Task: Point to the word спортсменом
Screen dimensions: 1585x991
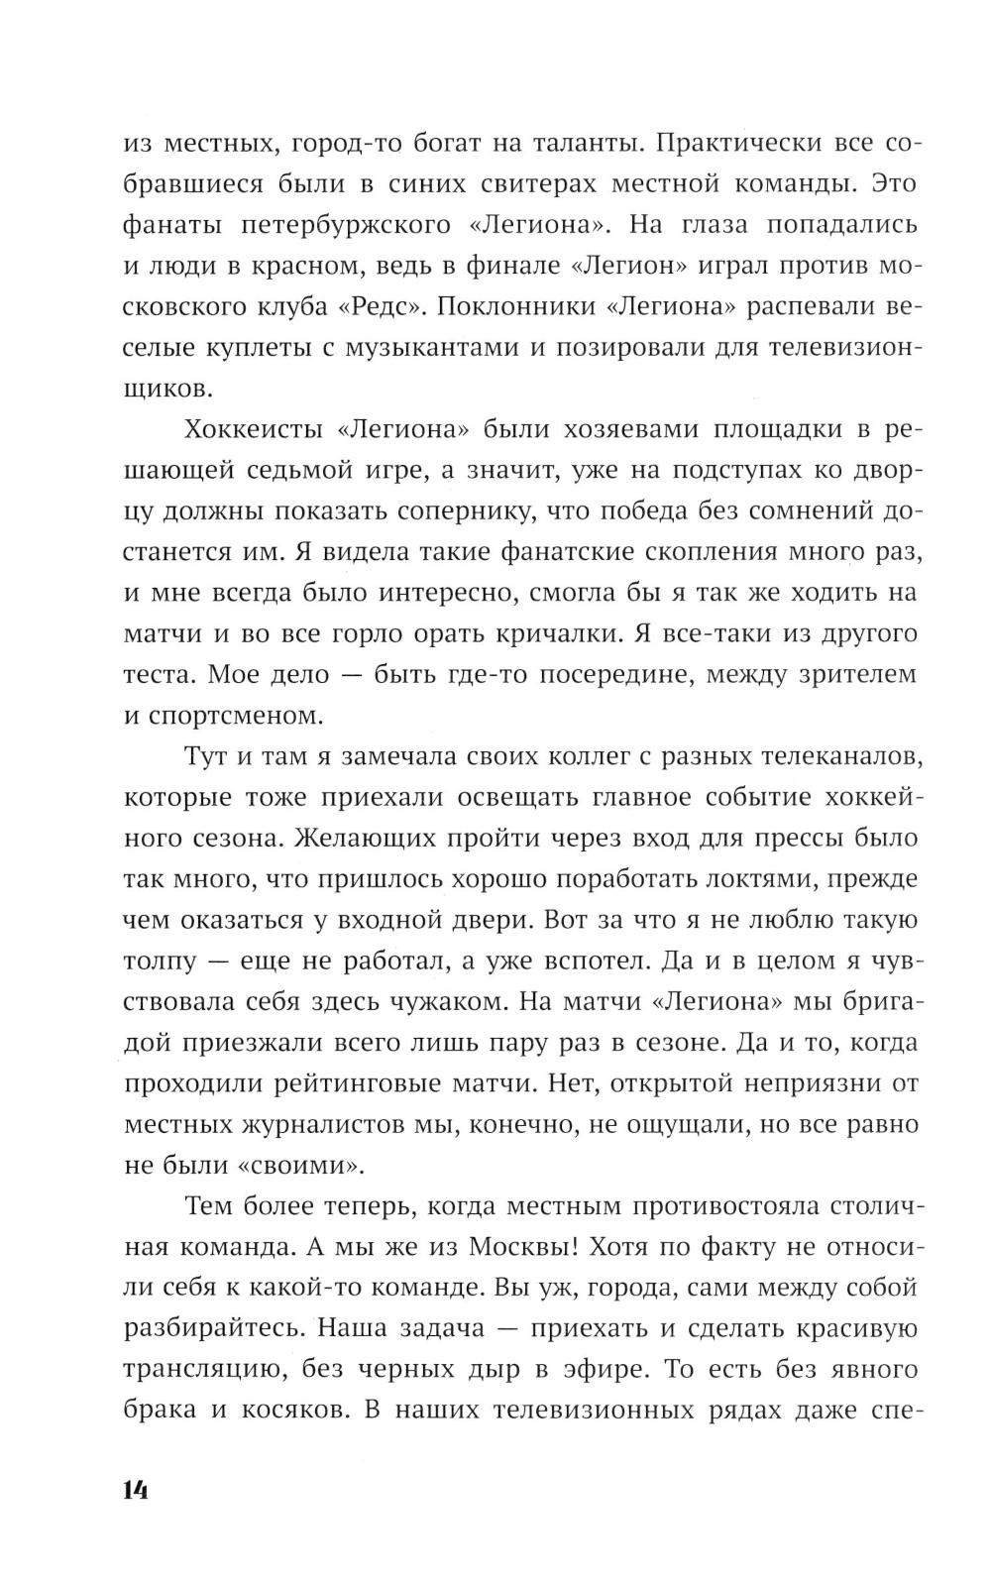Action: [x=246, y=715]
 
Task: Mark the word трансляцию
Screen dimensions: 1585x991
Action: [x=190, y=1370]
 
